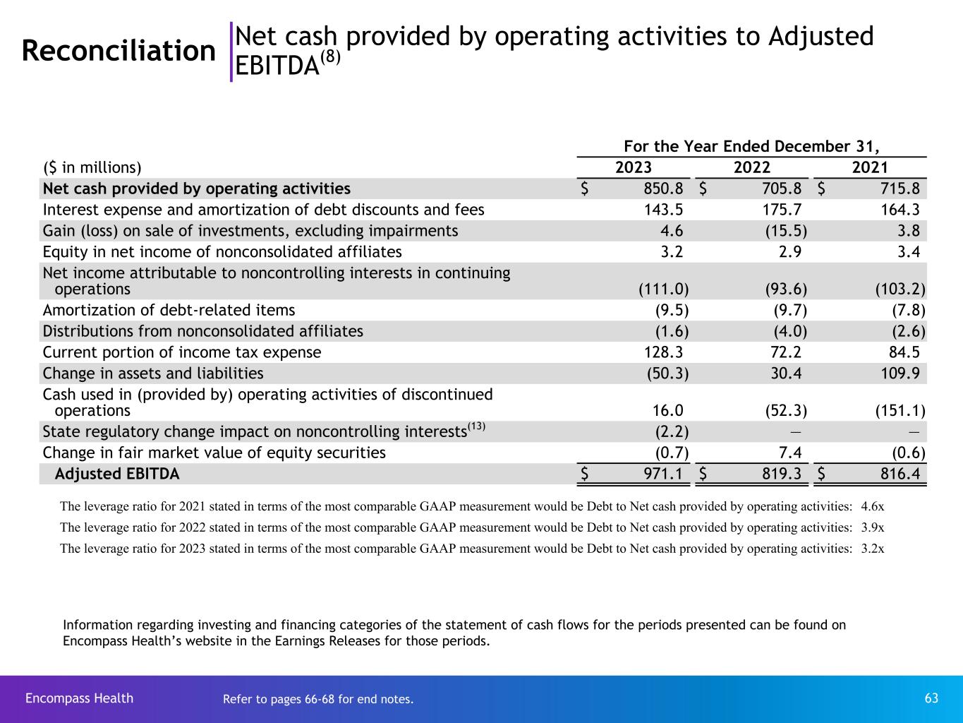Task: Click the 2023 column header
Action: pyautogui.click(x=634, y=167)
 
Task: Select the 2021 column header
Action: pyautogui.click(x=870, y=167)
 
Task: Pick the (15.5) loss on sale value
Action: pyautogui.click(x=786, y=231)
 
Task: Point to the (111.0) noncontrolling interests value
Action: pyautogui.click(x=663, y=289)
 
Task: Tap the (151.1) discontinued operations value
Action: pyautogui.click(x=900, y=411)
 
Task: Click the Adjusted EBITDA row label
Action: pyautogui.click(x=117, y=474)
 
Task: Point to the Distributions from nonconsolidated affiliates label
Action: pyautogui.click(x=203, y=331)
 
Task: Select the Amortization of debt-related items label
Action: pyautogui.click(x=169, y=310)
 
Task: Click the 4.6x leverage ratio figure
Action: pyautogui.click(x=873, y=506)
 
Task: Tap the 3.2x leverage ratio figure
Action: pyautogui.click(x=873, y=548)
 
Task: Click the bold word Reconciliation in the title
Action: pyautogui.click(x=119, y=51)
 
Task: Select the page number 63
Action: pyautogui.click(x=931, y=698)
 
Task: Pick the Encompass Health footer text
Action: pyautogui.click(x=79, y=698)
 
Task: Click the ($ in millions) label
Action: pyautogui.click(x=92, y=167)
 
